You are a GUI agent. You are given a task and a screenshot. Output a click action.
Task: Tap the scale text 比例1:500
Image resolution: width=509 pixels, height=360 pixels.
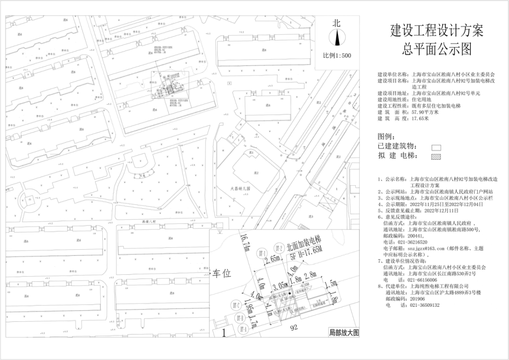337,55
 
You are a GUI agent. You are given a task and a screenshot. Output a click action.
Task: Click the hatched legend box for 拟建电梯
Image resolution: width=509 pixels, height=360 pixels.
436,156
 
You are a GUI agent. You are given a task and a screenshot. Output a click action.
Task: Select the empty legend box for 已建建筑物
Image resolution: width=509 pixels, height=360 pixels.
436,147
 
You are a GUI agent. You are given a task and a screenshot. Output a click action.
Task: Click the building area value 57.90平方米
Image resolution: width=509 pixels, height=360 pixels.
425,113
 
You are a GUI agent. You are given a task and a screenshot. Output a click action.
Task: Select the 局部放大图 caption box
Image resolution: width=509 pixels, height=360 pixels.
344,333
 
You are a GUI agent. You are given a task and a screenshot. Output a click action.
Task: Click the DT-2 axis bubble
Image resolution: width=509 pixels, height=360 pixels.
279,248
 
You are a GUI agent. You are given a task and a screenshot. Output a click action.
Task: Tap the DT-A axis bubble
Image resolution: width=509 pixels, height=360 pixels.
243,328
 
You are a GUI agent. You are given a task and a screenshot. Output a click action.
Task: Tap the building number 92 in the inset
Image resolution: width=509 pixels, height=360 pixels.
295,327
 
